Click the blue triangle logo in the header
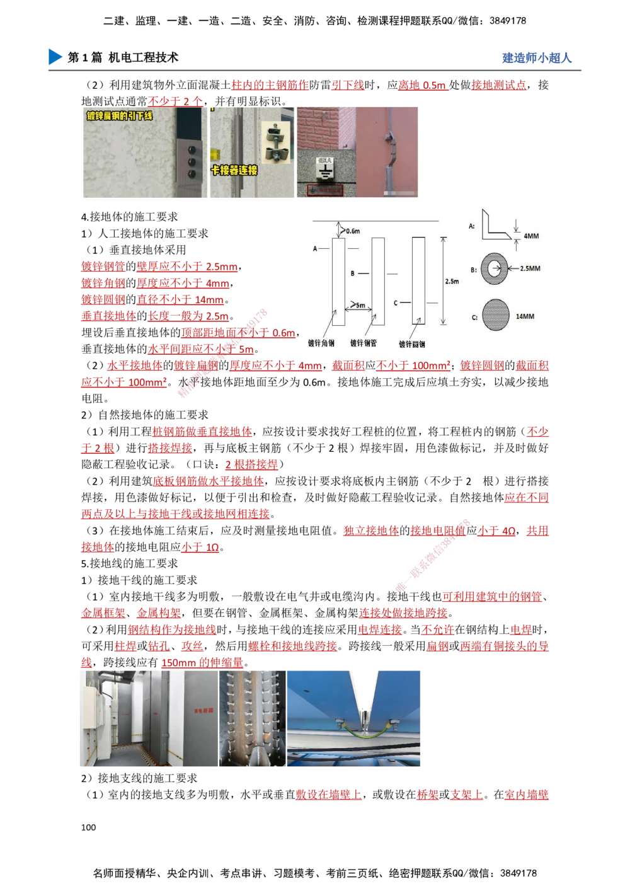click(55, 56)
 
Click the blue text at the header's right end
click(537, 58)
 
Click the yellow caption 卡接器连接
click(233, 170)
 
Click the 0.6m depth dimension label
click(353, 231)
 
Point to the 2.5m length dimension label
click(452, 281)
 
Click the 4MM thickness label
click(530, 236)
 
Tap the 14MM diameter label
click(525, 316)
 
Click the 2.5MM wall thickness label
click(530, 268)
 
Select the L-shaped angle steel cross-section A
click(495, 226)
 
